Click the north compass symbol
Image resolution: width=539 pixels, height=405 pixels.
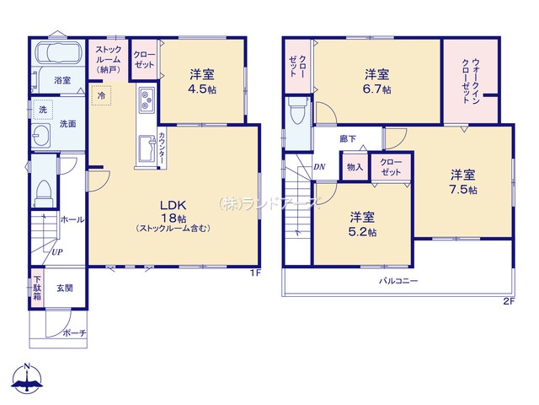[27, 378]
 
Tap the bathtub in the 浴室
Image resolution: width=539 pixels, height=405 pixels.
[59, 53]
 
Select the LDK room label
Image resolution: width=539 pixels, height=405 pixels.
[173, 206]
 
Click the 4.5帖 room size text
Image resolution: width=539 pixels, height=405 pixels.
[202, 89]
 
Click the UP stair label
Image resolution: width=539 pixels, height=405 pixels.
[57, 252]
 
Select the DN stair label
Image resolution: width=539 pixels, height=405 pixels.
[319, 167]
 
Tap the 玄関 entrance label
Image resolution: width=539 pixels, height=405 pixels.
[65, 288]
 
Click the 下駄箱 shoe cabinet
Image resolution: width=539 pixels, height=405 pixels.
[37, 288]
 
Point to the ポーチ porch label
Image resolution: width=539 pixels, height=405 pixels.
[74, 333]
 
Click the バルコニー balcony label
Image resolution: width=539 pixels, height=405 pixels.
[398, 281]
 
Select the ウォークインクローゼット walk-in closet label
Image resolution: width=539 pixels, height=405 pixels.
[471, 81]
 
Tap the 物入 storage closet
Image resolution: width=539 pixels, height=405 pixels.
[355, 167]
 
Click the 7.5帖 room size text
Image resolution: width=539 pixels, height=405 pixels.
[463, 190]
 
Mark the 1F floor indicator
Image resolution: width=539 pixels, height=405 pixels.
[256, 273]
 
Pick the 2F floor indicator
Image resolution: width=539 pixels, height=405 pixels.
[509, 301]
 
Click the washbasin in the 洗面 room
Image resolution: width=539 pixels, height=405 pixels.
[41, 135]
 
